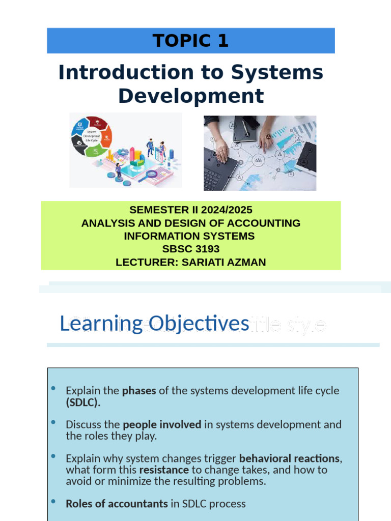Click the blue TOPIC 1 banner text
[x=190, y=41]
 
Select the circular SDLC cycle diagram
[x=92, y=136]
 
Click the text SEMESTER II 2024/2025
[x=190, y=210]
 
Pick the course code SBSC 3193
[x=190, y=249]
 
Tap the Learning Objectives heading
[x=154, y=324]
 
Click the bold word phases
[x=139, y=391]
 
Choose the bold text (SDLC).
[x=83, y=402]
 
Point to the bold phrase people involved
[x=162, y=424]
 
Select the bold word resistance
[x=164, y=470]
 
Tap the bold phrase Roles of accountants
[x=117, y=504]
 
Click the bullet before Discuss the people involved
[x=53, y=422]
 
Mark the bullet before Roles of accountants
[x=53, y=502]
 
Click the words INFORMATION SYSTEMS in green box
[x=189, y=236]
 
